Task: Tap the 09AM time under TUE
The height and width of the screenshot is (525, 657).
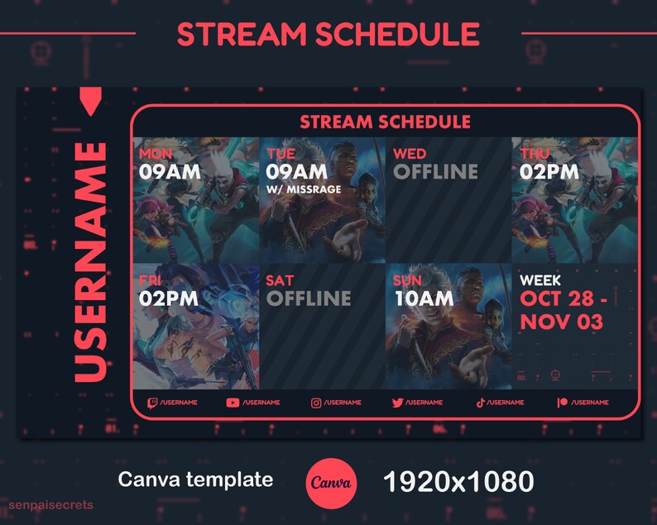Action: coord(296,171)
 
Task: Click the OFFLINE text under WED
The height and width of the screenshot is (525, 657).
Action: coord(435,171)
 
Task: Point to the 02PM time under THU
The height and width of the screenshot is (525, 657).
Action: coord(549,171)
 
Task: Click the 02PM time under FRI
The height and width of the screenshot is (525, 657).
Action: coord(169,298)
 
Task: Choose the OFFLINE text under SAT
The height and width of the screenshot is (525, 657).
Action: coord(308,298)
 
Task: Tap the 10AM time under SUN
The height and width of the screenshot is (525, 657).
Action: coord(423,298)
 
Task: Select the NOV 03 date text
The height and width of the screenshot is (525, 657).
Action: coord(561,322)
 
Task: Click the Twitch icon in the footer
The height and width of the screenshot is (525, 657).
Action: coord(151,403)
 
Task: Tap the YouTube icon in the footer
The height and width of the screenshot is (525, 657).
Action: coord(233,403)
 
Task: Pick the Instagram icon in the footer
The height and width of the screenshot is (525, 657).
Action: coord(315,403)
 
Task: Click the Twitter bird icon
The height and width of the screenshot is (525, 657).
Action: coord(397,403)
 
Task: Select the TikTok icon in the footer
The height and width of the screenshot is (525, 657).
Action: coord(479,403)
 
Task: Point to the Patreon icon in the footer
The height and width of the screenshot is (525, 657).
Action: coord(563,403)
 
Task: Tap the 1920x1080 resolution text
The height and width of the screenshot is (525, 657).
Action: coord(458,481)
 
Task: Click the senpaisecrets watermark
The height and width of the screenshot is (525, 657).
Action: coord(51,504)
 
